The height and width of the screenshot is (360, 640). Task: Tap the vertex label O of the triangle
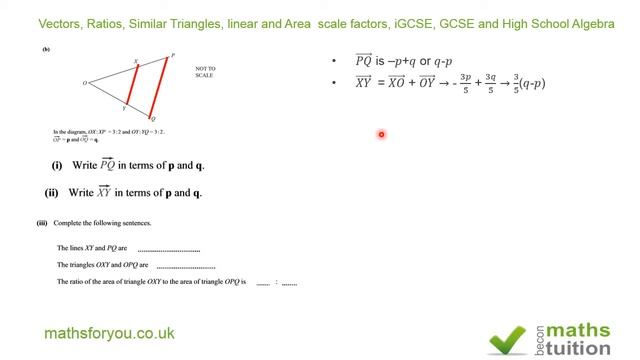coord(85,83)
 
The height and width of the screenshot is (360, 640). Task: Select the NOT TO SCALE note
coord(204,72)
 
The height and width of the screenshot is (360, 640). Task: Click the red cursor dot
coord(381,134)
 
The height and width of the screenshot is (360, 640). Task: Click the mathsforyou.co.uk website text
coord(110,333)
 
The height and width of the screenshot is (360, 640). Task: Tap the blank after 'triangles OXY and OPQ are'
coord(186,266)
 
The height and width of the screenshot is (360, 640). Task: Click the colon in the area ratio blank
coord(276,284)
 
